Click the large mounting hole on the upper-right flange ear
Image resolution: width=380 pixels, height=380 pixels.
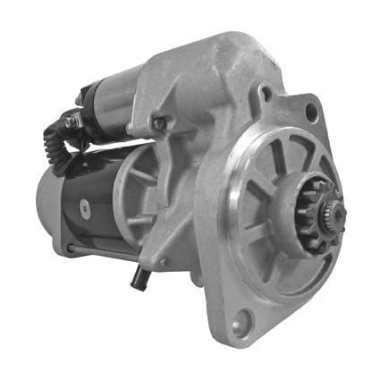pyautogui.click(x=310, y=113)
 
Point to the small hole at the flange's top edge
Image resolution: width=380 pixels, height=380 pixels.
pyautogui.click(x=266, y=92)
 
